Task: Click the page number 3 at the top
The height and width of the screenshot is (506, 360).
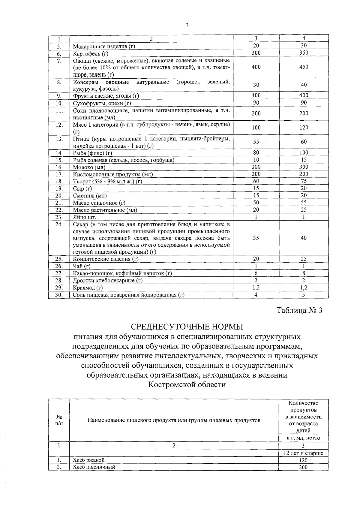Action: (187, 26)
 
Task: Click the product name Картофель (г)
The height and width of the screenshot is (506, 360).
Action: (90, 54)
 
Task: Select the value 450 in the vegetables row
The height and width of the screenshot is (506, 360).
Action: (304, 67)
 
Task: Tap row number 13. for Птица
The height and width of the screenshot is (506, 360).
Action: (59, 139)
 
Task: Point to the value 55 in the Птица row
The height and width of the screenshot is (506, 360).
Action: (256, 142)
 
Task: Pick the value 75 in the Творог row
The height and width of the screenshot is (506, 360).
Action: (304, 181)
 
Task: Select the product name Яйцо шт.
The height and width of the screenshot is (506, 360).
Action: (85, 217)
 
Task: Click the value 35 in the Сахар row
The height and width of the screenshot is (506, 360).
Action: (256, 238)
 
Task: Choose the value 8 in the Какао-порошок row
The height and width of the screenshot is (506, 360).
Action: (304, 273)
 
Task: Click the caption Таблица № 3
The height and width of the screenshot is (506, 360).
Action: (299, 310)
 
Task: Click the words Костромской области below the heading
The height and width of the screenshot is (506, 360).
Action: (187, 384)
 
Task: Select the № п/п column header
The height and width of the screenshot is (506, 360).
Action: (59, 420)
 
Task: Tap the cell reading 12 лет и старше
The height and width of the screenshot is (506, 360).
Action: (303, 453)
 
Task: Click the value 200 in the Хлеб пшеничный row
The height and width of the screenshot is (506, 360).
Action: (303, 467)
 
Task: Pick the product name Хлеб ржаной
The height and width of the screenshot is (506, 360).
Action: (88, 460)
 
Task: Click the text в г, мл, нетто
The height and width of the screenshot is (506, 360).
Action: (303, 438)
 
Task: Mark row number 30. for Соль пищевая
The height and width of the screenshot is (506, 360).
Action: (59, 295)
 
